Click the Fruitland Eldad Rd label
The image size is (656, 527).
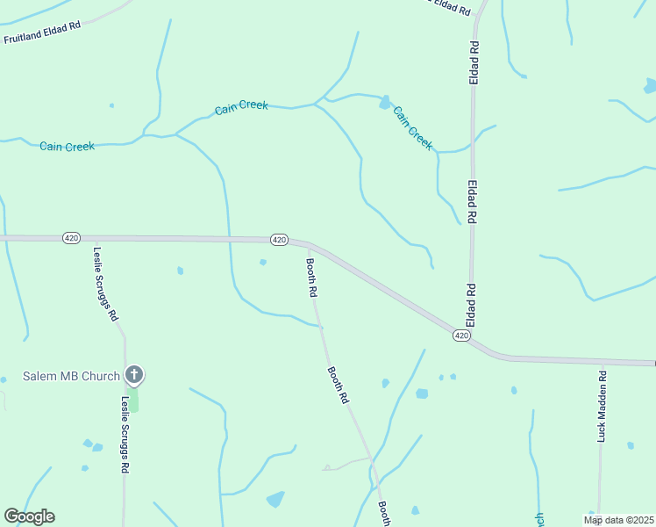[x=41, y=32]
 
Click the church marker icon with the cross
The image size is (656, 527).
[x=134, y=375]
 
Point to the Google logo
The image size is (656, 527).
[x=29, y=516]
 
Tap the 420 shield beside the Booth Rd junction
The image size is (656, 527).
[x=279, y=239]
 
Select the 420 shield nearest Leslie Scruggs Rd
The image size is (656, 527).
[x=72, y=237]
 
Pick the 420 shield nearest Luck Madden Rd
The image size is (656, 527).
[x=463, y=336]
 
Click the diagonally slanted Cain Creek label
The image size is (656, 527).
[x=412, y=128]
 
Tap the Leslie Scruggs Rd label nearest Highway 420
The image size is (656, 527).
[x=105, y=283]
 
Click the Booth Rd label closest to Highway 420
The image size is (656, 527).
[x=311, y=277]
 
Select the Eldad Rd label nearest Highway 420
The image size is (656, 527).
[x=471, y=300]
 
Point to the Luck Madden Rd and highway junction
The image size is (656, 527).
[x=603, y=361]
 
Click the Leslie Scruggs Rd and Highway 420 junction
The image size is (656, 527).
[x=95, y=238]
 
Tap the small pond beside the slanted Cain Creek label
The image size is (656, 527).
[x=384, y=103]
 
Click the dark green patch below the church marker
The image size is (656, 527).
[x=134, y=399]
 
